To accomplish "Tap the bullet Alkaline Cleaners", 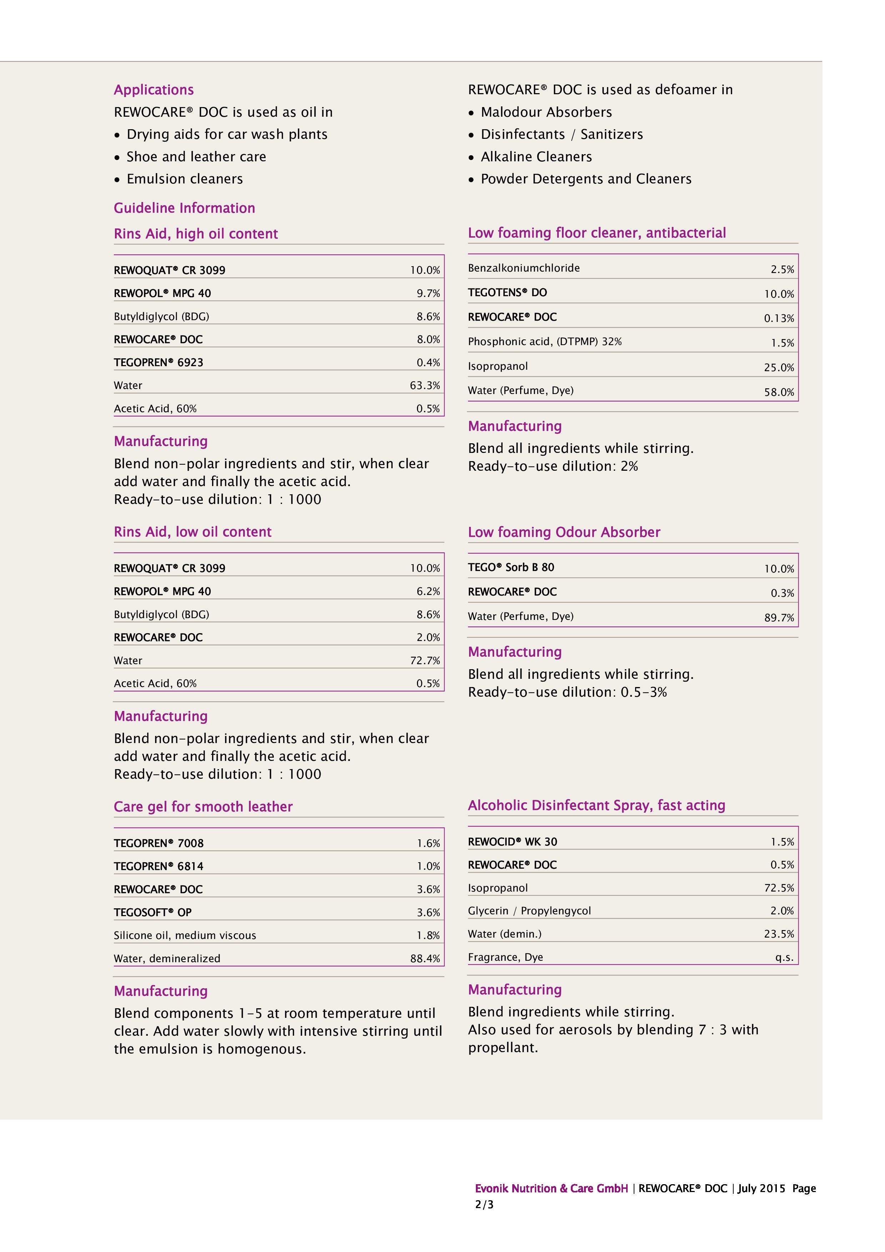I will coord(535,157).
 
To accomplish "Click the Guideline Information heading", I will coord(184,208).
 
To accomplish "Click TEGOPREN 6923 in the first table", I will coord(158,363).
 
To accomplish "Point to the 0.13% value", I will coord(778,318).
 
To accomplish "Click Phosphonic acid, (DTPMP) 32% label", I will coord(544,342).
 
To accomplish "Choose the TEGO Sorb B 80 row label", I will coord(511,568).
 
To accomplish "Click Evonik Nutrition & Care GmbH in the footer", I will coord(551,1189).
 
